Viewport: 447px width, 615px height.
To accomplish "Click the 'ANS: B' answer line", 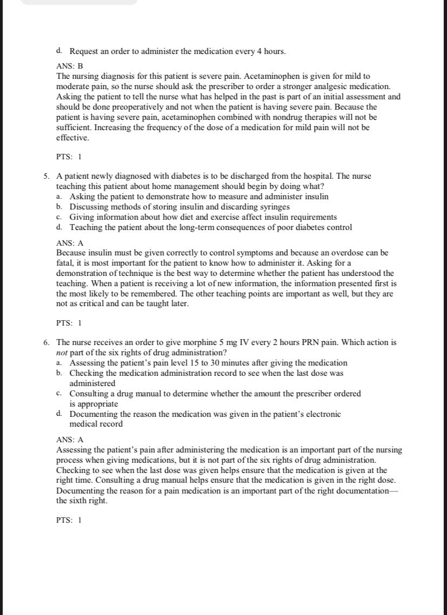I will point(70,66).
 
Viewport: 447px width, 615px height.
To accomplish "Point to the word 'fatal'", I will point(66,263).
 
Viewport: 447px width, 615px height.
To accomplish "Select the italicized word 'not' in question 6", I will point(62,353).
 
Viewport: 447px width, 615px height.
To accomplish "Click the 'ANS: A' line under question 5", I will point(70,244).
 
